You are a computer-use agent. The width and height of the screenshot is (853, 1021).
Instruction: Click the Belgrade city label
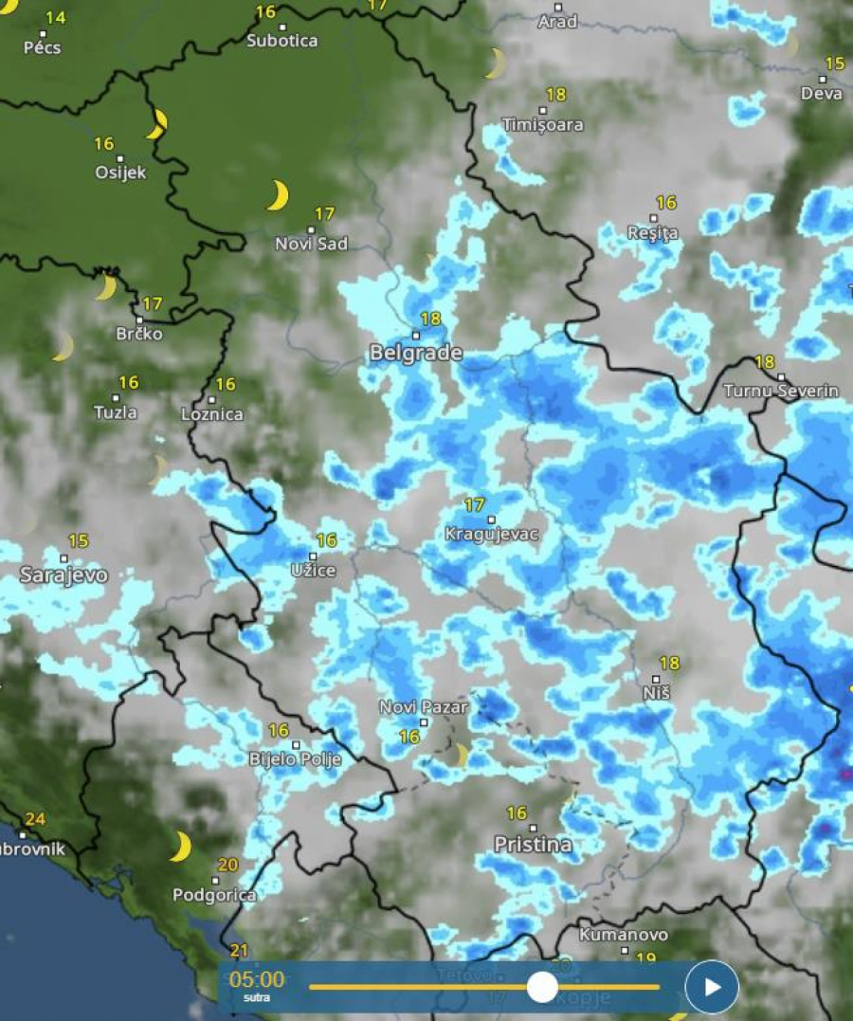pyautogui.click(x=415, y=354)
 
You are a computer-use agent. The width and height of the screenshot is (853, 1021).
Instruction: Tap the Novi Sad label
pyautogui.click(x=311, y=244)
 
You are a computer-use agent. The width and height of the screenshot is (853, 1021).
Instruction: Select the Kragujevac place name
pyautogui.click(x=491, y=535)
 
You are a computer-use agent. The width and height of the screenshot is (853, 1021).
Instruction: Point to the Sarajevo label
pyautogui.click(x=64, y=575)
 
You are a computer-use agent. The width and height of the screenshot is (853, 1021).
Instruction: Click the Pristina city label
pyautogui.click(x=533, y=844)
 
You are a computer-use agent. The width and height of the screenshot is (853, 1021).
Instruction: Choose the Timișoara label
pyautogui.click(x=543, y=124)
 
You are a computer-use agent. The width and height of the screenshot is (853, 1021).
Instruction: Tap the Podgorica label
pyautogui.click(x=214, y=894)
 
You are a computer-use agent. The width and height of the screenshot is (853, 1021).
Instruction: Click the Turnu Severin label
pyautogui.click(x=781, y=391)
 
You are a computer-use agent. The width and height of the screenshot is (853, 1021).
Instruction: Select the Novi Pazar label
pyautogui.click(x=424, y=707)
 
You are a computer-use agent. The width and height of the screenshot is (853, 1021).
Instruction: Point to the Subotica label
pyautogui.click(x=281, y=41)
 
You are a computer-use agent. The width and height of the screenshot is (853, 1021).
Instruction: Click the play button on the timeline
pyautogui.click(x=712, y=987)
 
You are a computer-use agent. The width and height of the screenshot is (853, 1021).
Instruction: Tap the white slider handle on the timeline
pyautogui.click(x=542, y=987)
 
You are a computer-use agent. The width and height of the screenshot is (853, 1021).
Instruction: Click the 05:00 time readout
pyautogui.click(x=257, y=979)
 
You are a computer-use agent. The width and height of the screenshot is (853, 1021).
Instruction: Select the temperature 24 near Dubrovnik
pyautogui.click(x=35, y=819)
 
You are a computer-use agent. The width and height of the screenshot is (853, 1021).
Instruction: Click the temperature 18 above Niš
pyautogui.click(x=669, y=664)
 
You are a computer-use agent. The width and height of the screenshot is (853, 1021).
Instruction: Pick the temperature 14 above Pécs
pyautogui.click(x=56, y=18)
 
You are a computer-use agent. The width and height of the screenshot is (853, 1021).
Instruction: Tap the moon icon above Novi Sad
pyautogui.click(x=277, y=195)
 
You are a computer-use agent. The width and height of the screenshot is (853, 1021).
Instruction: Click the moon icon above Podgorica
pyautogui.click(x=180, y=847)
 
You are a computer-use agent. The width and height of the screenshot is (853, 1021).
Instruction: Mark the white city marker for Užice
pyautogui.click(x=313, y=556)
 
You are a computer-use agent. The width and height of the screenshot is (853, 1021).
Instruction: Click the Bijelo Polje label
pyautogui.click(x=294, y=759)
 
